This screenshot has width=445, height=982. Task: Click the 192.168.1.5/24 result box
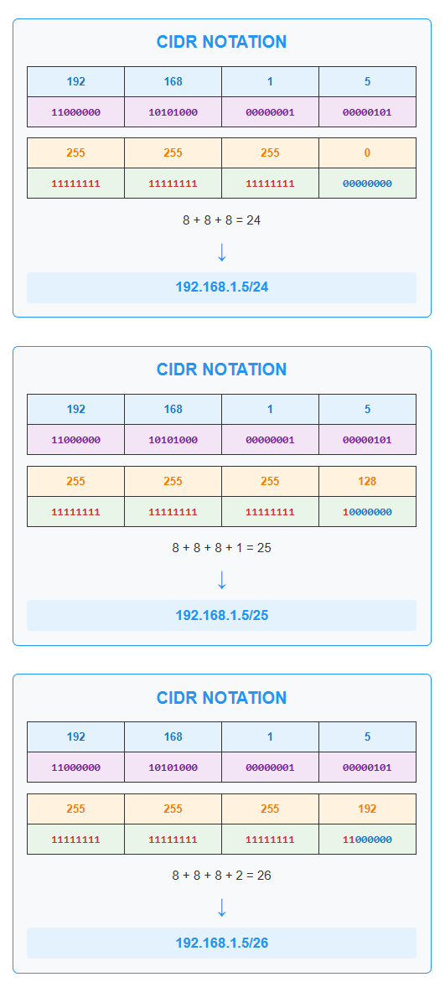(x=221, y=287)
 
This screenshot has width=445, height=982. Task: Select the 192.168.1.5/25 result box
(x=221, y=615)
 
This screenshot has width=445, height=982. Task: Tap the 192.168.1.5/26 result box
(x=221, y=943)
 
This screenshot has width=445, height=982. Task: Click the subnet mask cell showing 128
(x=367, y=481)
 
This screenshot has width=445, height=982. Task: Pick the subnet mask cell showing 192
(x=367, y=809)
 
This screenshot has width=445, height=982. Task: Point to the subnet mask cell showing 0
(x=367, y=152)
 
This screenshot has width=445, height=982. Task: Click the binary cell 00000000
(x=367, y=183)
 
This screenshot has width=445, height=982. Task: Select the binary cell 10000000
(x=367, y=512)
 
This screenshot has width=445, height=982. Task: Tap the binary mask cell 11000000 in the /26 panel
(x=367, y=840)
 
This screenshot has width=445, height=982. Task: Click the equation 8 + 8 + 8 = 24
(x=222, y=220)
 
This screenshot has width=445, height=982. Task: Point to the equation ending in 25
(x=222, y=548)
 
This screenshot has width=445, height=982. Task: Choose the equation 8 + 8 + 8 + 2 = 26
(x=222, y=876)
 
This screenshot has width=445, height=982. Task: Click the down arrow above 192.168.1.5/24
(x=221, y=251)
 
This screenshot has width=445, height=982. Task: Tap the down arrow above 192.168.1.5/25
(x=221, y=579)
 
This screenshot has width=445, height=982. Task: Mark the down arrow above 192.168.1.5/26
(x=221, y=907)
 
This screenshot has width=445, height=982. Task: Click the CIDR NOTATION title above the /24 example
(x=222, y=42)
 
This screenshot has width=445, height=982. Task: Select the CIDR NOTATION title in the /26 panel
(x=222, y=698)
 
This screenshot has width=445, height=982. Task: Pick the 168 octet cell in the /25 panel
(x=173, y=409)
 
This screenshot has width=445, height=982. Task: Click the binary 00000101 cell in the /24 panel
(x=367, y=112)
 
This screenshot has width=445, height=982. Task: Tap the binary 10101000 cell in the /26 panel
(x=173, y=768)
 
